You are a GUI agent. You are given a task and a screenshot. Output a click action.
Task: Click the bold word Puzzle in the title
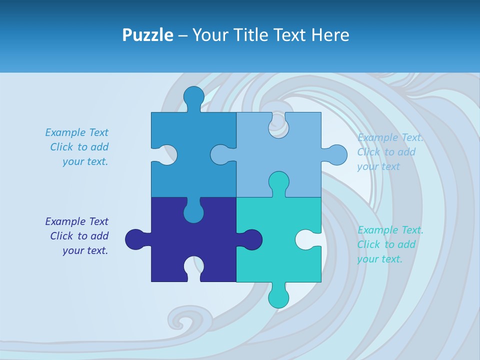point(147,35)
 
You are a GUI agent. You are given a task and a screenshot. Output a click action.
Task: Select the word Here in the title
point(329,35)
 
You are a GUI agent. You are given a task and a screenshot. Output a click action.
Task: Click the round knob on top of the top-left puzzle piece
point(193,96)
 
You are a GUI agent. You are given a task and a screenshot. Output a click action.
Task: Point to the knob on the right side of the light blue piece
point(336,155)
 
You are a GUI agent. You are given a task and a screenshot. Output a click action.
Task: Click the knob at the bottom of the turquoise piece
point(278,297)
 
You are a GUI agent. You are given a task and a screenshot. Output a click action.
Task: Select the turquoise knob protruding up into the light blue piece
point(278,182)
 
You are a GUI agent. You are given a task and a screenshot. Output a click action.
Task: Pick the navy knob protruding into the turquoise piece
point(251,239)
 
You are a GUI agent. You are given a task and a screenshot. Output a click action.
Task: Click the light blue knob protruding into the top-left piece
point(220,155)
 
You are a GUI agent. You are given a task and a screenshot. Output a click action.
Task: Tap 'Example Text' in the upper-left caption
point(76,132)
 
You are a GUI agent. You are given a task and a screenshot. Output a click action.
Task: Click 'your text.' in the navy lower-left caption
point(85,250)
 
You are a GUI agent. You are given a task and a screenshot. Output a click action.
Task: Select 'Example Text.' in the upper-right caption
point(390,137)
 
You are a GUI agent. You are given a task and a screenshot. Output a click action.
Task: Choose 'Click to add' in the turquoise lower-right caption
point(386,244)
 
